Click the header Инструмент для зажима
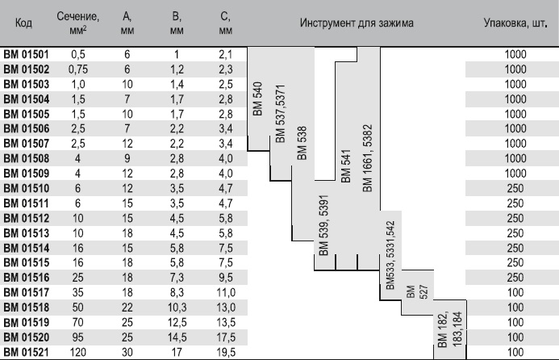point(357,23)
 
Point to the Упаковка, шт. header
point(515,23)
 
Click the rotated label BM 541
point(347,165)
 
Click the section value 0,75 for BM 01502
point(77,69)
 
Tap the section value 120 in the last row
point(77,353)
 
